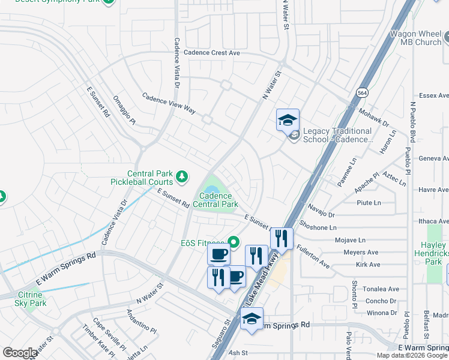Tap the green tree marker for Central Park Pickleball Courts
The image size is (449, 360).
182,178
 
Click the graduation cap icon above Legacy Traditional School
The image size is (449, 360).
288,119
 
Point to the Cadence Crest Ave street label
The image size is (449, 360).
211,53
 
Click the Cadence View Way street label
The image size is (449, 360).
169,103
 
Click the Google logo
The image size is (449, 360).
20,353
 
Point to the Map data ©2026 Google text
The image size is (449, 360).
411,355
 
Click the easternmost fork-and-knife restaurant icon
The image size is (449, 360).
281,238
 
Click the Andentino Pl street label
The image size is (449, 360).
141,322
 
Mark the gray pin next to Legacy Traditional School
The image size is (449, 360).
294,136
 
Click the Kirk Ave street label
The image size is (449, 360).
367,264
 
